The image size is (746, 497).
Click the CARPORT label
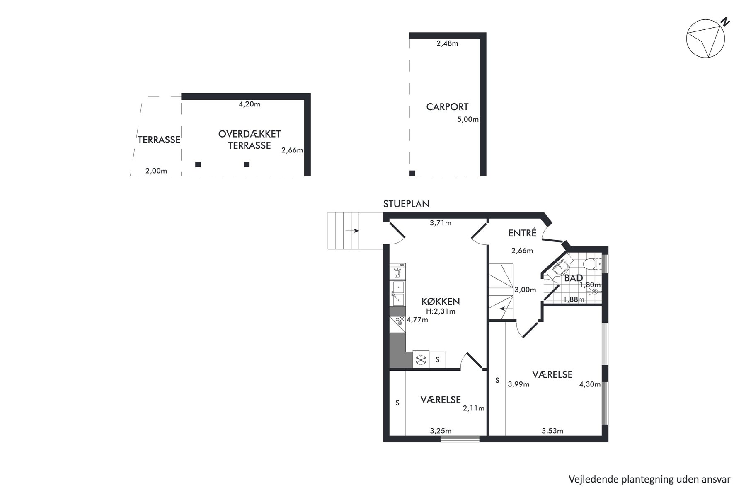point(447,107)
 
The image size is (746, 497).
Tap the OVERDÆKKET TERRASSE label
point(249,140)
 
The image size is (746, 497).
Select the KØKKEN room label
point(441,301)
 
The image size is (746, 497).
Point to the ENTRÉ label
point(522,233)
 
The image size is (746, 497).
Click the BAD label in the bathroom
point(574,278)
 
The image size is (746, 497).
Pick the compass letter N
point(724,22)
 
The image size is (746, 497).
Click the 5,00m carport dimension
point(467,120)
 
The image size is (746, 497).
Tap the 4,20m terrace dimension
point(249,104)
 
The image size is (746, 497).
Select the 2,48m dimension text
point(447,43)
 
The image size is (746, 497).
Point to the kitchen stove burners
point(110,319)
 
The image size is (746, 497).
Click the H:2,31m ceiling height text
point(441,311)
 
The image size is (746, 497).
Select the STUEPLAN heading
point(406,204)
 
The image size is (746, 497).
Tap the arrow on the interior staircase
point(504,309)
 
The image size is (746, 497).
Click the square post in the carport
point(412,173)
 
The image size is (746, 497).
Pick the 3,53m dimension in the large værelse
point(552,431)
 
